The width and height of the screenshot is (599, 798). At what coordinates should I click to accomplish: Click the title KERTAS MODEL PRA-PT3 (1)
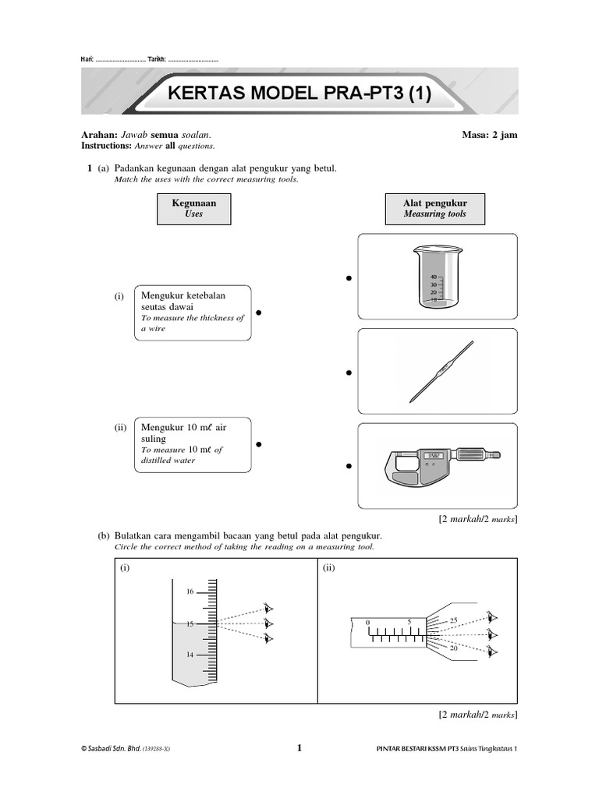(x=299, y=94)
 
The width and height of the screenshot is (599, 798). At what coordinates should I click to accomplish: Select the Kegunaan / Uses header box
(x=193, y=208)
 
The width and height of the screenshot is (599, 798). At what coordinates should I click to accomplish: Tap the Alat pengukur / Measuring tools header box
(x=434, y=208)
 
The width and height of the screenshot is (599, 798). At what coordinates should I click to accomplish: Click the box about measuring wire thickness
(x=195, y=312)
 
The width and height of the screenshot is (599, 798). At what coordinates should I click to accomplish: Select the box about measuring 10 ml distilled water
(x=195, y=444)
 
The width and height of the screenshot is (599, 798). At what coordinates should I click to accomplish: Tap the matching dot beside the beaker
(x=349, y=278)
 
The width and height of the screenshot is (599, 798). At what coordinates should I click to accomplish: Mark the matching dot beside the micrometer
(x=349, y=466)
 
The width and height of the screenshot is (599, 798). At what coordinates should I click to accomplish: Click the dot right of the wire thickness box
(x=258, y=313)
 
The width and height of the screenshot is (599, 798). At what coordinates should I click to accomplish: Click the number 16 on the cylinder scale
(x=189, y=592)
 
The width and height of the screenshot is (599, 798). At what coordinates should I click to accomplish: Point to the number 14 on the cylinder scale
(x=189, y=655)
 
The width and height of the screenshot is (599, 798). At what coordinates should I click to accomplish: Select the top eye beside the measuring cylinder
(x=270, y=609)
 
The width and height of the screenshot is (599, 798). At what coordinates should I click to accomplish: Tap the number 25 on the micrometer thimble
(x=454, y=620)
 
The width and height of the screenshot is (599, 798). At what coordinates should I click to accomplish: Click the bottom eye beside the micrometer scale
(x=491, y=651)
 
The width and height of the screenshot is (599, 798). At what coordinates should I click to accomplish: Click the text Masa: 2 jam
(x=489, y=135)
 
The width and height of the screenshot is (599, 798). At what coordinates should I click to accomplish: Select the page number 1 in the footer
(x=299, y=748)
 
